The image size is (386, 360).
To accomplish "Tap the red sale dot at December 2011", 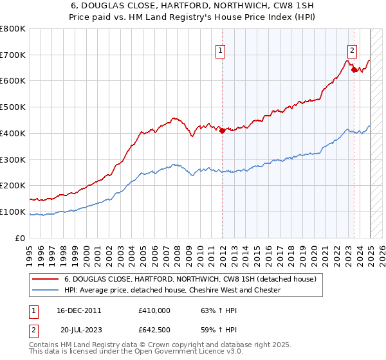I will (222, 130).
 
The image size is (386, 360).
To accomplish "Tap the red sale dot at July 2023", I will (354, 69).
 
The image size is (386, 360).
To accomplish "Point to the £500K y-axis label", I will (13, 107).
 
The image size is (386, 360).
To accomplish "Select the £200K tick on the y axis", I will (13, 185).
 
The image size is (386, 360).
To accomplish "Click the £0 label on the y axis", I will (19, 238).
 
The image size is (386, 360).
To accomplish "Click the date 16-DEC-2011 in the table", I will (79, 310).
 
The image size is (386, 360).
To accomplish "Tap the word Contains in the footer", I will (46, 345).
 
